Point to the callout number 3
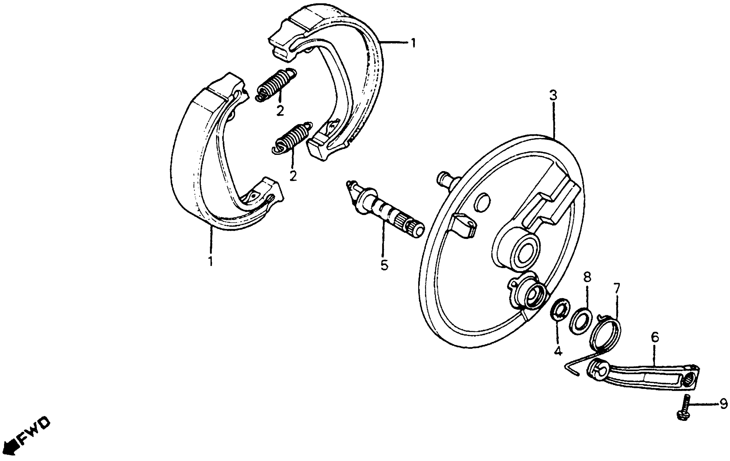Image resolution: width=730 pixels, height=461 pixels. (x=553, y=96)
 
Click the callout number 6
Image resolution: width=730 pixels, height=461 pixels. (x=655, y=337)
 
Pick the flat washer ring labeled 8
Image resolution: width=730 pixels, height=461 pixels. (x=580, y=321)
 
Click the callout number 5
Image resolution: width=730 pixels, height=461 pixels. (x=385, y=265)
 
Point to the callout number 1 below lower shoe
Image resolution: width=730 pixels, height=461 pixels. (x=210, y=261)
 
